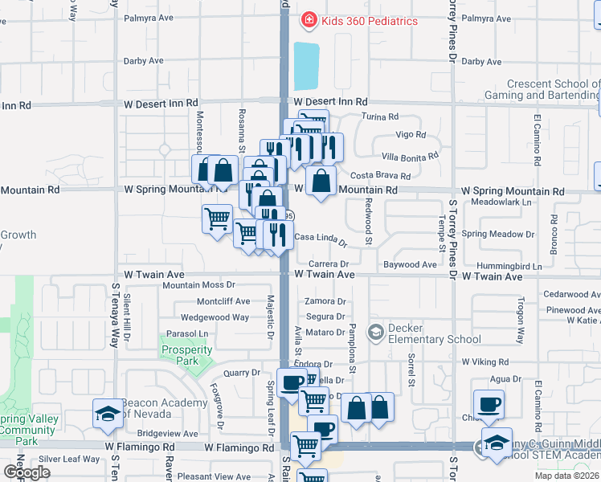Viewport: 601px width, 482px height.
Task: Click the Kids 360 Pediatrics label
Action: [370, 21]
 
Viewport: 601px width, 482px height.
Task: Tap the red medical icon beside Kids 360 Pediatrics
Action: [308, 20]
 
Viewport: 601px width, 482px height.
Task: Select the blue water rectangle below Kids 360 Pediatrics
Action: [307, 67]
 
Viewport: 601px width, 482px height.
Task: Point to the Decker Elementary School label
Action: [434, 333]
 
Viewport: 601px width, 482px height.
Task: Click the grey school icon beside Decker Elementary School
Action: [375, 332]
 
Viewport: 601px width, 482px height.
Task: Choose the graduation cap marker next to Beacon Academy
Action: [108, 414]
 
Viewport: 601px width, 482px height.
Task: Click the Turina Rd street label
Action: [379, 116]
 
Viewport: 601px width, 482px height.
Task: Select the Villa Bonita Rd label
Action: [410, 156]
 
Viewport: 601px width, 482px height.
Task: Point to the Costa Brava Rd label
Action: [381, 176]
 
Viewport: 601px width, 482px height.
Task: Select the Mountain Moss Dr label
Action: [198, 284]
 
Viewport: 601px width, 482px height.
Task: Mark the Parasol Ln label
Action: [187, 333]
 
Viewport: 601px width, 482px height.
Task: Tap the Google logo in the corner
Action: [27, 472]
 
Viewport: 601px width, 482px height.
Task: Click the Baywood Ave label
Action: [410, 264]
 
